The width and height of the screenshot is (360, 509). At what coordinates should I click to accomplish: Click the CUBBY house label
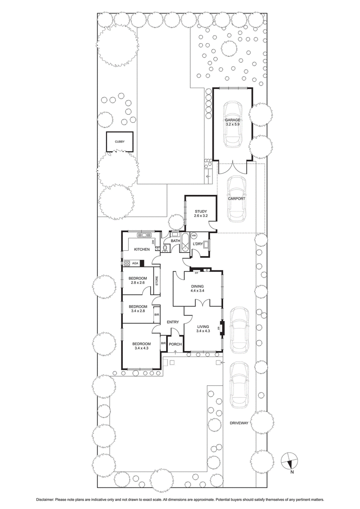pos(119,142)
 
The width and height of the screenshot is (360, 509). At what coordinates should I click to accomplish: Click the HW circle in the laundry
pos(194,236)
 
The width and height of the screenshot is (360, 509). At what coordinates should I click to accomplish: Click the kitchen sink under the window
pos(145,235)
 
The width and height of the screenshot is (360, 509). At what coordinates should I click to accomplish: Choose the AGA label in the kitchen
pos(135,263)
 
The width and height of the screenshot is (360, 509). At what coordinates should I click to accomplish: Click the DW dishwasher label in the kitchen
pos(153,242)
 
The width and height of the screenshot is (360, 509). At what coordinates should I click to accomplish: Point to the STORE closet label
pos(157,281)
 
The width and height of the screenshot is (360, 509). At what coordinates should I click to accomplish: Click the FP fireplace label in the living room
pos(219,328)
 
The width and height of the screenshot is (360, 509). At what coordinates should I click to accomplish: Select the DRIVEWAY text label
pos(238,423)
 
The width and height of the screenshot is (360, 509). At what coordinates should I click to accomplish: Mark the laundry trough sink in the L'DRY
pos(207,245)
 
